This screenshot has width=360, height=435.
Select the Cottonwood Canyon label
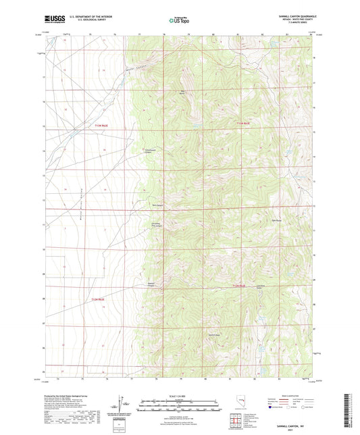151,151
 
